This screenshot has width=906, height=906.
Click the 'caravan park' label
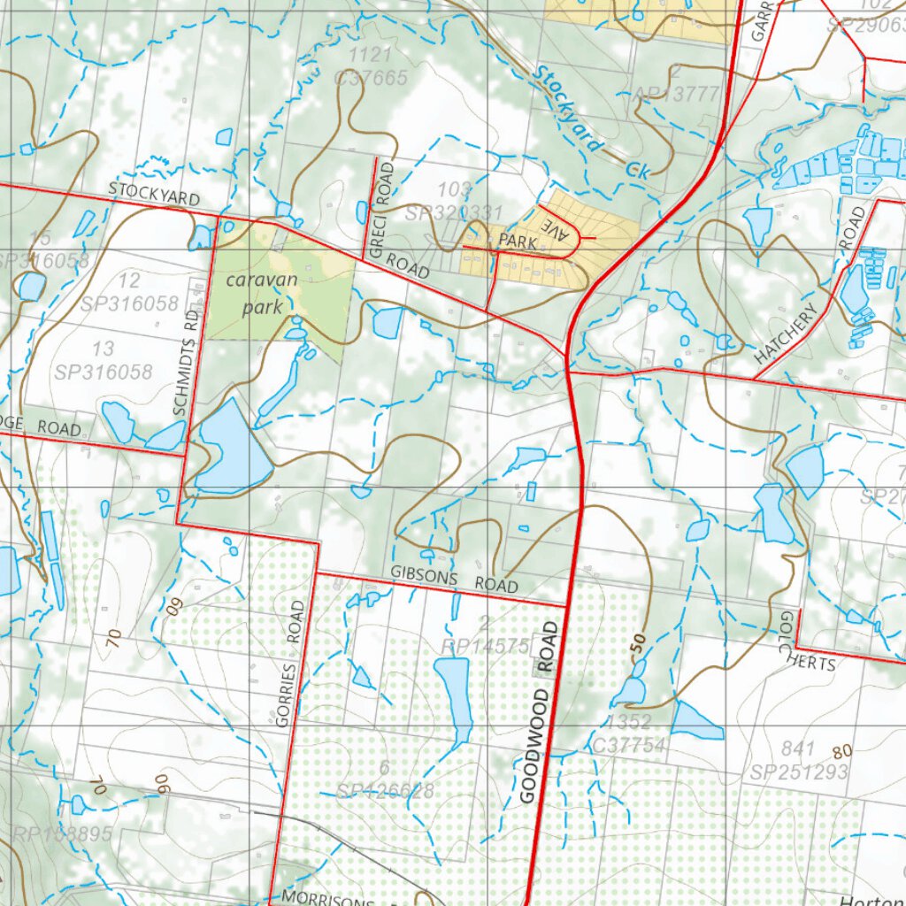[x=261, y=294]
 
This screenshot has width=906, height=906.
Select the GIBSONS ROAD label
[x=454, y=580]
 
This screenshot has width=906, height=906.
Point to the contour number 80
[x=841, y=751]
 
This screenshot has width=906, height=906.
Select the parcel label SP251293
[x=799, y=772]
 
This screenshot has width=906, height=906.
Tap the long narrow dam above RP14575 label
[x=453, y=699]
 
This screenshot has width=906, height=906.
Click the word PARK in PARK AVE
[x=518, y=241]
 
